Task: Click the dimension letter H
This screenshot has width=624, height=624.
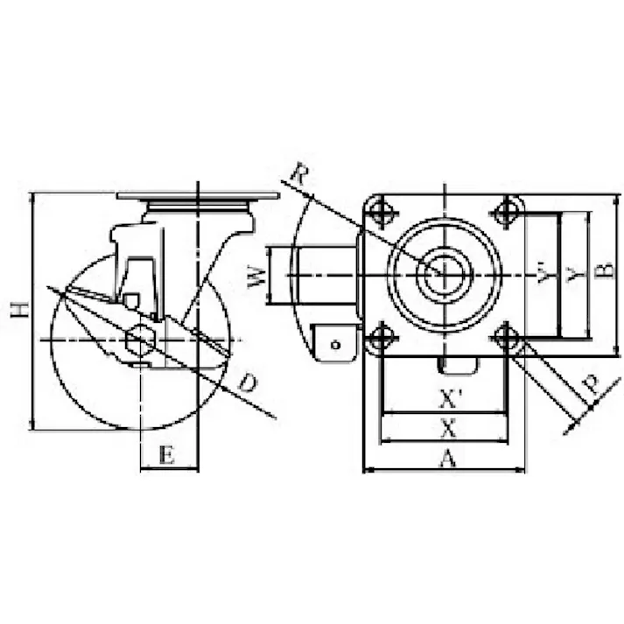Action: tap(20, 311)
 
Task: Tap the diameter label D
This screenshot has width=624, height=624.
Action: tap(248, 382)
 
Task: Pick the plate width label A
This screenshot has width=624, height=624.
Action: tap(447, 458)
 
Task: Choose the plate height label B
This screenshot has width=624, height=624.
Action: tap(606, 270)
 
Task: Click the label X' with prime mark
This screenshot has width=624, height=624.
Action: tap(450, 399)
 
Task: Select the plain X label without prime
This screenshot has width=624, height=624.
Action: tap(448, 429)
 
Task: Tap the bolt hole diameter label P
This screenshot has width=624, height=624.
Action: tap(591, 385)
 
